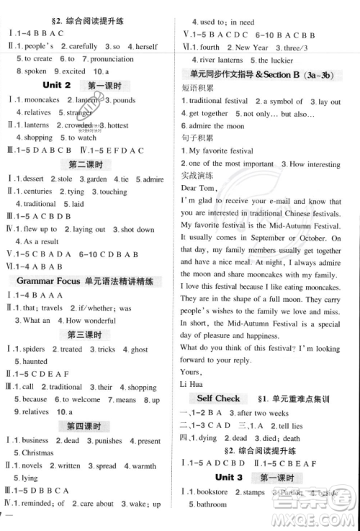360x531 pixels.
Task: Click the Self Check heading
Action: (x=218, y=398)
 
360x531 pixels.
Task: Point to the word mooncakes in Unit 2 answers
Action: (x=42, y=100)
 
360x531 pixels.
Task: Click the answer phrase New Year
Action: (x=251, y=47)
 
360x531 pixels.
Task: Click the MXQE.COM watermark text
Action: (x=318, y=517)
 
